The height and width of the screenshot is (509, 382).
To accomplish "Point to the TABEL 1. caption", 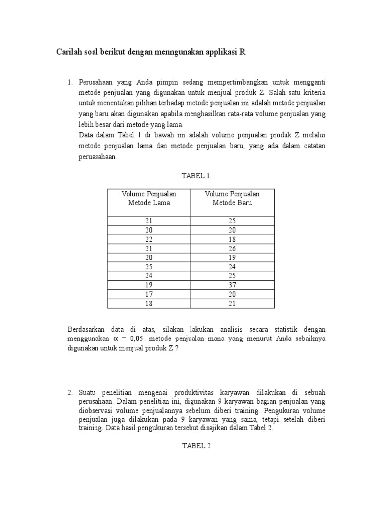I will coord(191,175).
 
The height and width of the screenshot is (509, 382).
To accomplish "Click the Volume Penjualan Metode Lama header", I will coord(149,198).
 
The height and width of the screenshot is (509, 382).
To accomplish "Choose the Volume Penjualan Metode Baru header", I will coord(232,198).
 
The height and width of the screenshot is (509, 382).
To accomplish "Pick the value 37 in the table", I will coord(232,285).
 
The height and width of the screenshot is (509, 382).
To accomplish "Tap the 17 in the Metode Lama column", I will coord(149,294).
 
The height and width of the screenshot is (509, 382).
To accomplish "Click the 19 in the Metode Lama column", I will coord(149,285).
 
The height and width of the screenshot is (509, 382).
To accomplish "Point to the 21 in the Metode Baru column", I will coord(232,304).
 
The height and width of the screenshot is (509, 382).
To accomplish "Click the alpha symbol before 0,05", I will coord(117,339).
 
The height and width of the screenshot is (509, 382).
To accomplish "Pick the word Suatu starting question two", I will coord(87,393).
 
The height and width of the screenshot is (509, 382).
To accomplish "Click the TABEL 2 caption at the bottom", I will coord(191,446).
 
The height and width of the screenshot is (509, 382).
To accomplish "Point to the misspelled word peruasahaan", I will coord(97,156).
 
